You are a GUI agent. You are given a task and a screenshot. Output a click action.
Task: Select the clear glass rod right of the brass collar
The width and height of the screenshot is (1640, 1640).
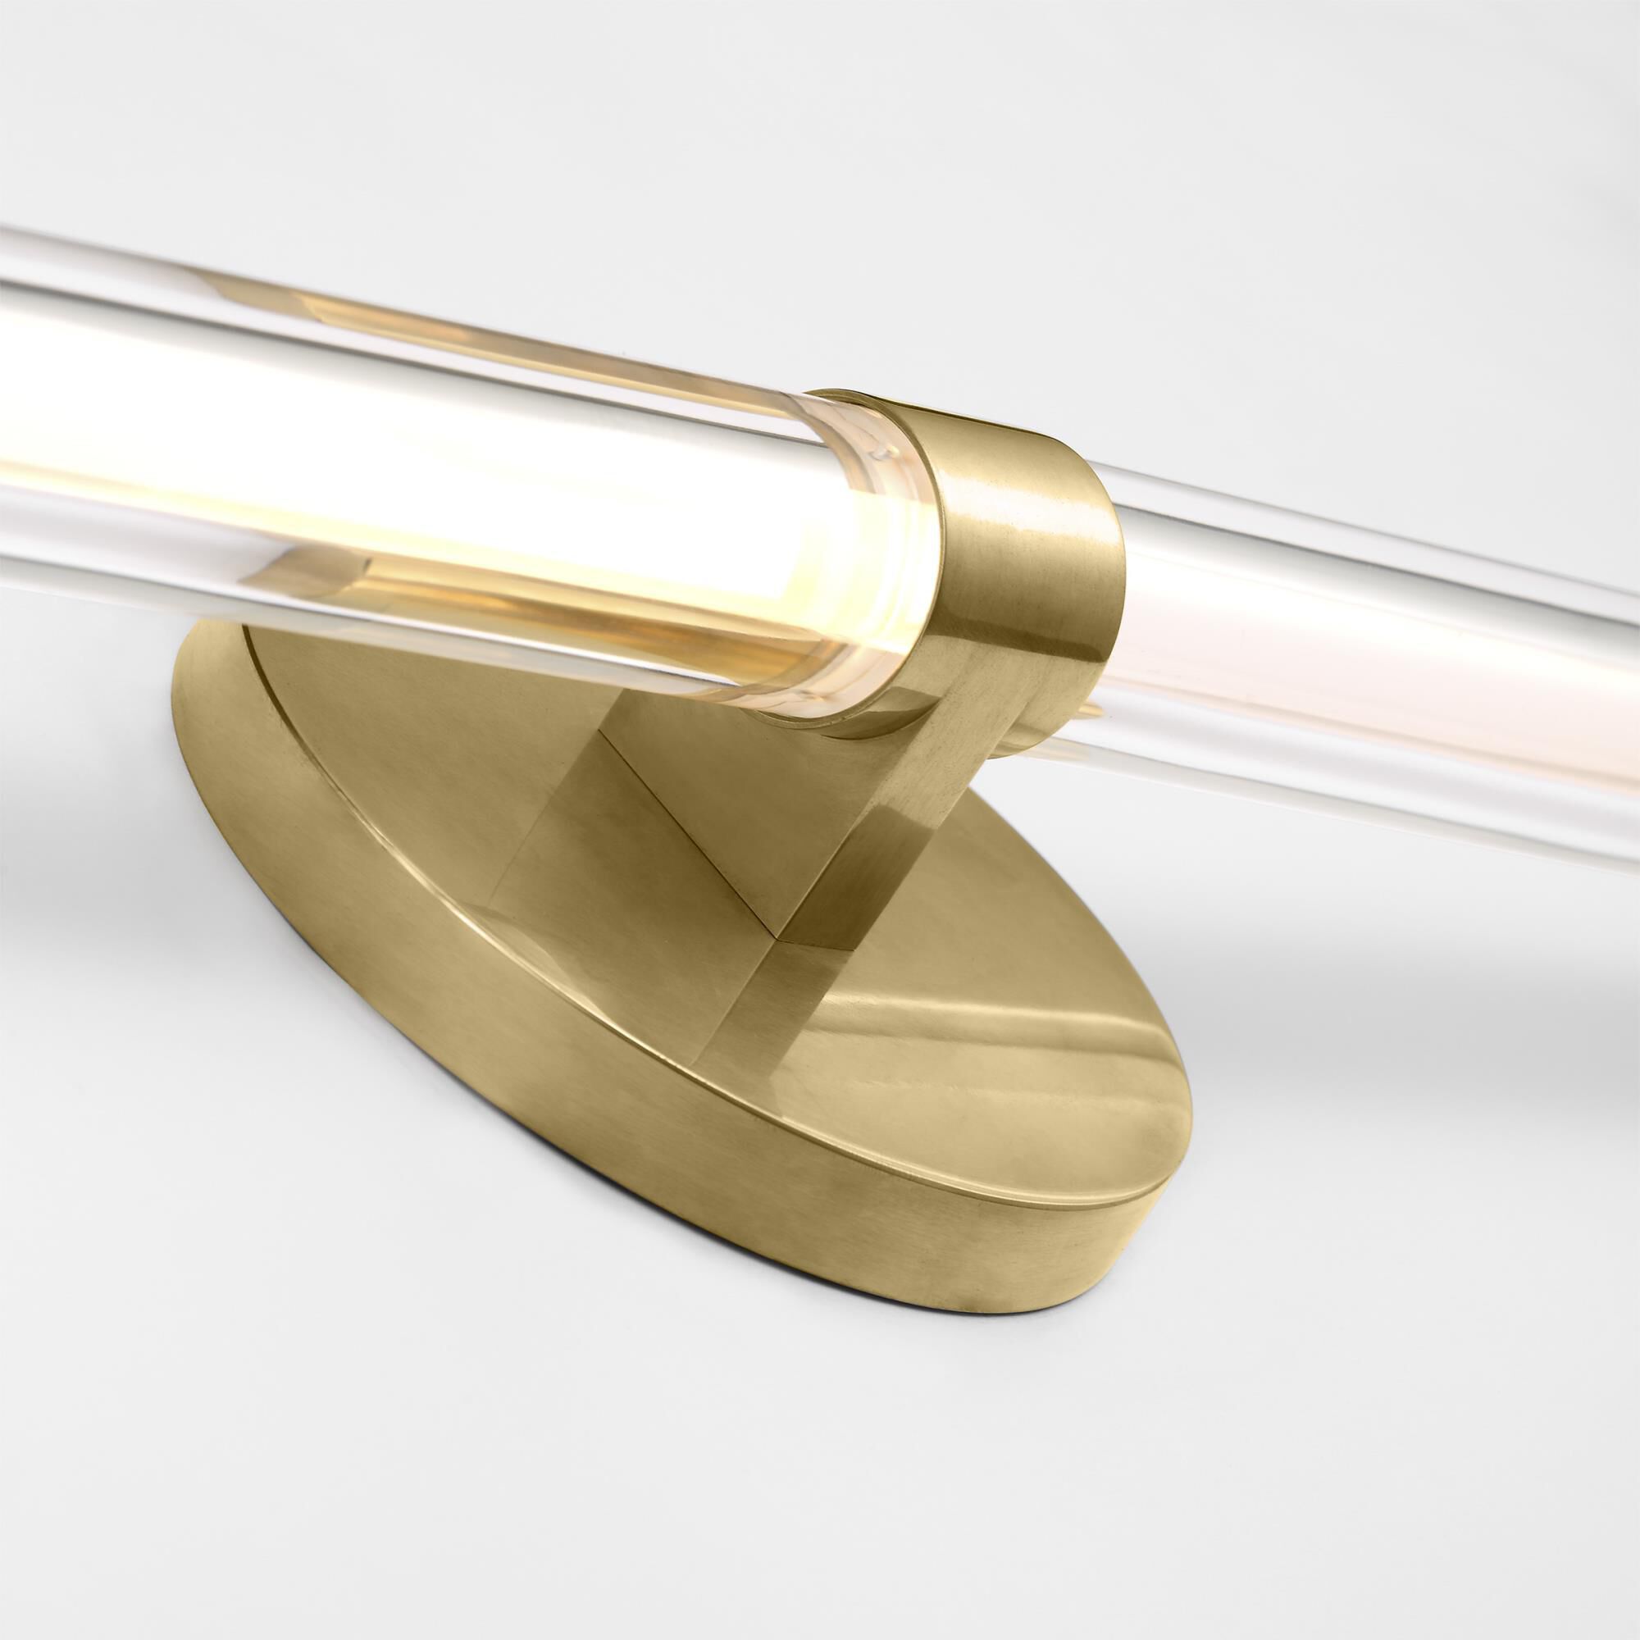click(x=1358, y=645)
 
